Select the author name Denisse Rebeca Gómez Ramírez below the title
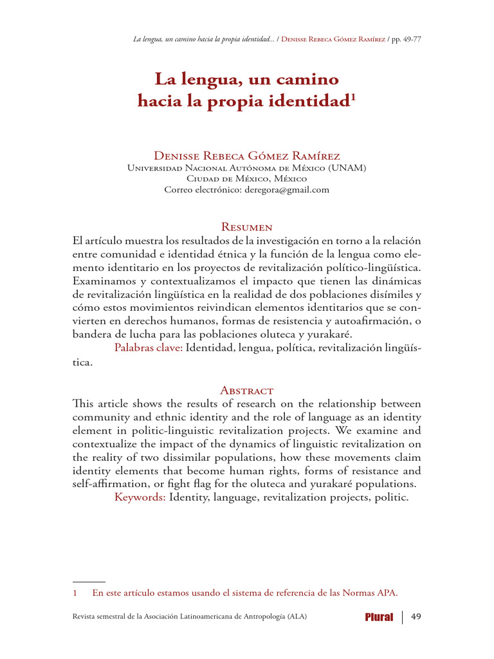click(x=247, y=156)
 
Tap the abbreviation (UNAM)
click(x=348, y=168)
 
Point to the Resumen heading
click(x=246, y=227)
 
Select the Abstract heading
click(x=246, y=390)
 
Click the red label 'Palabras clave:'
click(x=149, y=348)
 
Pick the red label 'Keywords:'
click(x=140, y=497)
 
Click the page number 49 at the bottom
click(x=416, y=617)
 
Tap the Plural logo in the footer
click(x=379, y=618)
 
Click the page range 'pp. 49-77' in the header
click(x=405, y=39)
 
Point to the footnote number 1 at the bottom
click(x=75, y=593)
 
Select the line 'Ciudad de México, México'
click(x=246, y=179)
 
